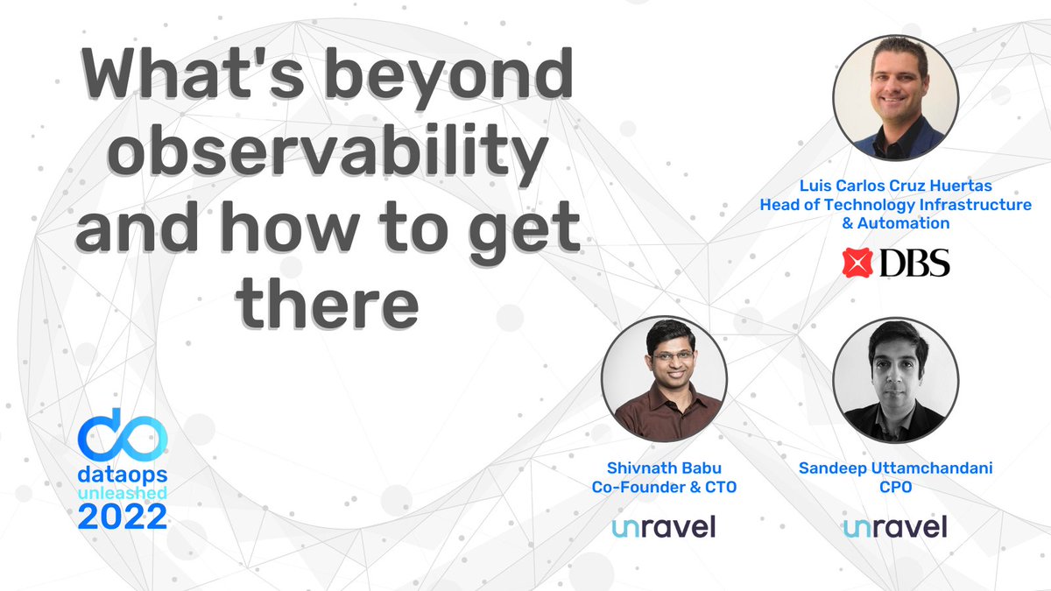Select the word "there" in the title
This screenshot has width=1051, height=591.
[x=328, y=299]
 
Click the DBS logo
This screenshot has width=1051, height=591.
[x=895, y=263]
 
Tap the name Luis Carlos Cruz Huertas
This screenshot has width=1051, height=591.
[x=895, y=186]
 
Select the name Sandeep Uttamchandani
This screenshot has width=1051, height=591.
[x=895, y=468]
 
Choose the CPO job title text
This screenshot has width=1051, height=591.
[x=895, y=487]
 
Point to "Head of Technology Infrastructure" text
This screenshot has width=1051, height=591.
[x=895, y=205]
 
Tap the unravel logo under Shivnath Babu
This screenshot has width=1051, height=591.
[x=664, y=526]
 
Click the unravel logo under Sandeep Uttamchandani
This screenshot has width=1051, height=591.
[x=895, y=526]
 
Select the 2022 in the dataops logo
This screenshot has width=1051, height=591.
[x=122, y=517]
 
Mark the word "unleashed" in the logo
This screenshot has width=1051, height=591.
[x=122, y=494]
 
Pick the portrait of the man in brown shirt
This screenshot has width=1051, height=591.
[x=664, y=378]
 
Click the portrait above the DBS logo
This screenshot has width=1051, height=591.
[x=895, y=98]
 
